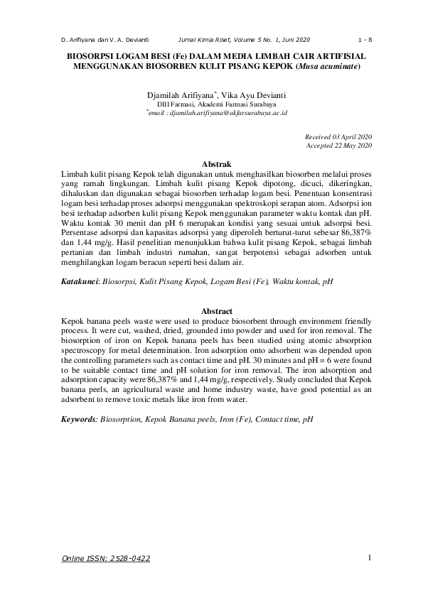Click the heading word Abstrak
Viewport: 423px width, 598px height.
coord(217,164)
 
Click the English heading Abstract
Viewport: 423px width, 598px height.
coord(217,311)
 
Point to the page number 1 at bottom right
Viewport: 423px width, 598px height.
coord(370,558)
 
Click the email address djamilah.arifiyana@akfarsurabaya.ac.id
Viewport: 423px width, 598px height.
coord(219,112)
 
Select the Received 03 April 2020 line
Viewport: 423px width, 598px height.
coord(338,136)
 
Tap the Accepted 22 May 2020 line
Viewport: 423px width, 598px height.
coord(338,145)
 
